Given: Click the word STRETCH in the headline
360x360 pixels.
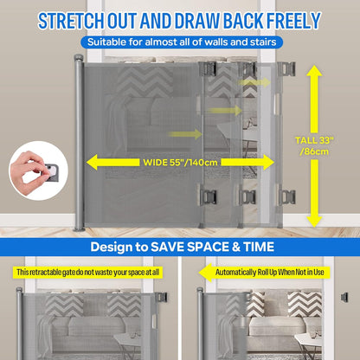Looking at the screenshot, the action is click(x=71, y=21).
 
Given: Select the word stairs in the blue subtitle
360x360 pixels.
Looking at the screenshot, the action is click(x=263, y=42).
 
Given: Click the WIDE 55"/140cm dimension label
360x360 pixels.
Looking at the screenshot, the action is click(x=180, y=162).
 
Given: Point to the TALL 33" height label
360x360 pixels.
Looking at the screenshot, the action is click(x=314, y=140).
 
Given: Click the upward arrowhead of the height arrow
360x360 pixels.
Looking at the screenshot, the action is click(x=314, y=71).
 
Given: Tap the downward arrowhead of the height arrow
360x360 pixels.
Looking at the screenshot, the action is click(x=314, y=222).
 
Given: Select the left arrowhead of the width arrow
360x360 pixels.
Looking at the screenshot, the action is click(x=93, y=162).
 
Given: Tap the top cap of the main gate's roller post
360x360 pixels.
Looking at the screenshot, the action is click(x=79, y=57).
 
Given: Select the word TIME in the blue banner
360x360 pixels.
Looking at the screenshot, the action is click(x=259, y=247).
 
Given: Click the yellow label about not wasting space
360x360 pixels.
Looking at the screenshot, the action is click(x=87, y=273).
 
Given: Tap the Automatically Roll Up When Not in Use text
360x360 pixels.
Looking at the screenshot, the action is click(x=270, y=272).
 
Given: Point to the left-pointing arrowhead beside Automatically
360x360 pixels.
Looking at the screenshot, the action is click(x=205, y=273).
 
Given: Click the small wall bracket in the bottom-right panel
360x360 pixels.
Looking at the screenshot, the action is click(x=344, y=297).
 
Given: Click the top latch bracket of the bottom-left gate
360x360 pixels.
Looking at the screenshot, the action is click(x=162, y=298).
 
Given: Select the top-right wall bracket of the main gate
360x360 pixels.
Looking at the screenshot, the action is click(x=286, y=69).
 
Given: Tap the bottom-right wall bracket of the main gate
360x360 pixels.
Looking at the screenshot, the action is click(x=286, y=197).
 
